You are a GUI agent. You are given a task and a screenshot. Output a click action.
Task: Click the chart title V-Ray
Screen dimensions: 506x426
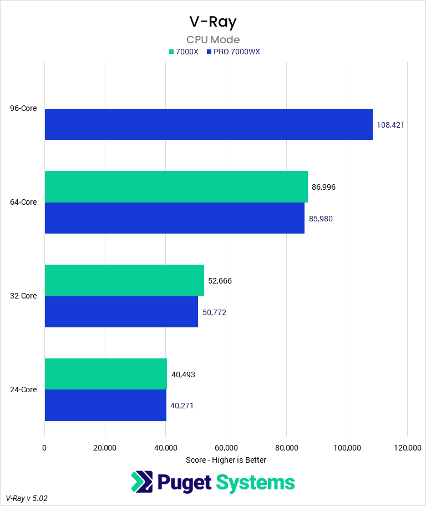click(213, 22)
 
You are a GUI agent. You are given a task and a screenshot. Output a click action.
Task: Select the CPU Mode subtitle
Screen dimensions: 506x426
click(213, 39)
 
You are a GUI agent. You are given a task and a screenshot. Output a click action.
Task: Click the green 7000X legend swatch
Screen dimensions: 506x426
click(171, 52)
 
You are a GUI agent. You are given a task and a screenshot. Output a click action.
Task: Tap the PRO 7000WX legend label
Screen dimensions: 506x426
click(237, 52)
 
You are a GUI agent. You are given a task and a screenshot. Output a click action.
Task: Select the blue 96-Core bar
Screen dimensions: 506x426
click(209, 124)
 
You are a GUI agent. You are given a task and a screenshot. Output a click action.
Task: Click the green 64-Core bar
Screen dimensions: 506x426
click(176, 186)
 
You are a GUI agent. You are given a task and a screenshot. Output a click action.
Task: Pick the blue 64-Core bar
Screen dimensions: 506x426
click(174, 218)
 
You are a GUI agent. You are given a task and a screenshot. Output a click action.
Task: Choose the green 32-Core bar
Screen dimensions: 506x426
click(124, 280)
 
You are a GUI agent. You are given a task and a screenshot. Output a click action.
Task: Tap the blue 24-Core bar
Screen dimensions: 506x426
click(105, 405)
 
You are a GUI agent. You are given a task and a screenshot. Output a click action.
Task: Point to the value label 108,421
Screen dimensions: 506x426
click(390, 125)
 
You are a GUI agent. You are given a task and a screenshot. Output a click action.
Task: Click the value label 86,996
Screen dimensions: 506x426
click(323, 187)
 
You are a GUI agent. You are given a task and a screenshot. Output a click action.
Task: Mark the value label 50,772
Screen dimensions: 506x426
click(214, 312)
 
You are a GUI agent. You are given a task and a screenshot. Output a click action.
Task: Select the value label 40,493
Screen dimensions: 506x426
click(183, 375)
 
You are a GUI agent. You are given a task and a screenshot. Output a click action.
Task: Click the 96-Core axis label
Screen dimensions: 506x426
click(23, 108)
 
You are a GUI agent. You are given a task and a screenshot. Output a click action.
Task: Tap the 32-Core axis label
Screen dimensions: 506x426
click(23, 296)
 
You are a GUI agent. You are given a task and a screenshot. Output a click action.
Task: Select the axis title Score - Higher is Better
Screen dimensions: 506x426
click(226, 460)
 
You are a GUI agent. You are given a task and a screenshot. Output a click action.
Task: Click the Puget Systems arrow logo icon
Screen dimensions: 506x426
click(142, 482)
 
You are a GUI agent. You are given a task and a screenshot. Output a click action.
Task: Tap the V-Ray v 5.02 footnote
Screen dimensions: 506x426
click(27, 498)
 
